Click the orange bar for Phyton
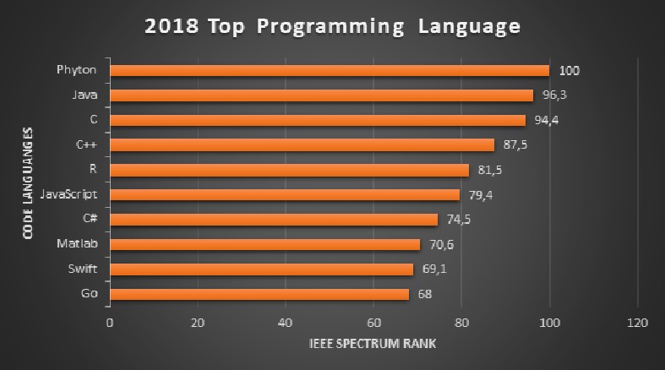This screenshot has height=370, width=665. [x=330, y=70]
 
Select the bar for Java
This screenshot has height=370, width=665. [x=321, y=95]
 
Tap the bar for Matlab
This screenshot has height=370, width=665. [x=264, y=245]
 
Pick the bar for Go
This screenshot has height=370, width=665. [x=259, y=295]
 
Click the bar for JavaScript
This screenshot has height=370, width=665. [x=285, y=195]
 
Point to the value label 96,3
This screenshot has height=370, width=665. [x=554, y=95]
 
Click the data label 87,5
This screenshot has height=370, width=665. [x=514, y=145]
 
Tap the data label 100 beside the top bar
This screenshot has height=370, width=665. [x=568, y=71]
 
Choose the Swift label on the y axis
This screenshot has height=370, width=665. [x=84, y=270]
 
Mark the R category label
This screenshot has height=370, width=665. [x=93, y=170]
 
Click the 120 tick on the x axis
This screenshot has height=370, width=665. [x=637, y=322]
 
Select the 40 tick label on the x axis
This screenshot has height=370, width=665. [x=285, y=322]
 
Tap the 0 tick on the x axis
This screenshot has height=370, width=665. [x=110, y=322]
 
